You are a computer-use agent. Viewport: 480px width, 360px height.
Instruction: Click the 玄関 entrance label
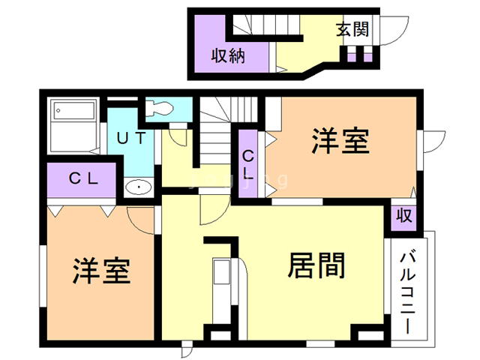coord(352,30)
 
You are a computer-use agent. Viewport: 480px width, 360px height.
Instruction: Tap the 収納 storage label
coord(228,55)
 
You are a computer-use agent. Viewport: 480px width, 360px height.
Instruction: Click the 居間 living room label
coord(316,265)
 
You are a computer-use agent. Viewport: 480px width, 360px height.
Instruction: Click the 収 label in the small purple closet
coord(403,215)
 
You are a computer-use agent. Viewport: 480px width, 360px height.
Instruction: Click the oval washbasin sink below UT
coord(137,187)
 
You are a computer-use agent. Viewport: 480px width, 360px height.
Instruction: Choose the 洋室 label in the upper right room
coord(340,140)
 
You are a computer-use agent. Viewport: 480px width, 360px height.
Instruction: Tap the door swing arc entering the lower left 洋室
coord(142,217)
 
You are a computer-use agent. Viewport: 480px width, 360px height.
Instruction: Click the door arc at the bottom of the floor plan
coord(187,349)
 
